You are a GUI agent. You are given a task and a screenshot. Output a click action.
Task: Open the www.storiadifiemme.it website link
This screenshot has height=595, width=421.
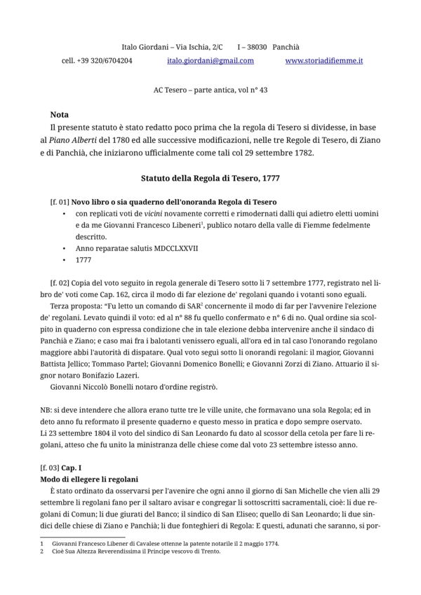coord(324,61)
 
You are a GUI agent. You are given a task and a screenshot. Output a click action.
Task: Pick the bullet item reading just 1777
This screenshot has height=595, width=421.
coord(83,259)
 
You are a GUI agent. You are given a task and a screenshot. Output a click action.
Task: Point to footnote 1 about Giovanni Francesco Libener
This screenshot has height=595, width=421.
coord(154,543)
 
